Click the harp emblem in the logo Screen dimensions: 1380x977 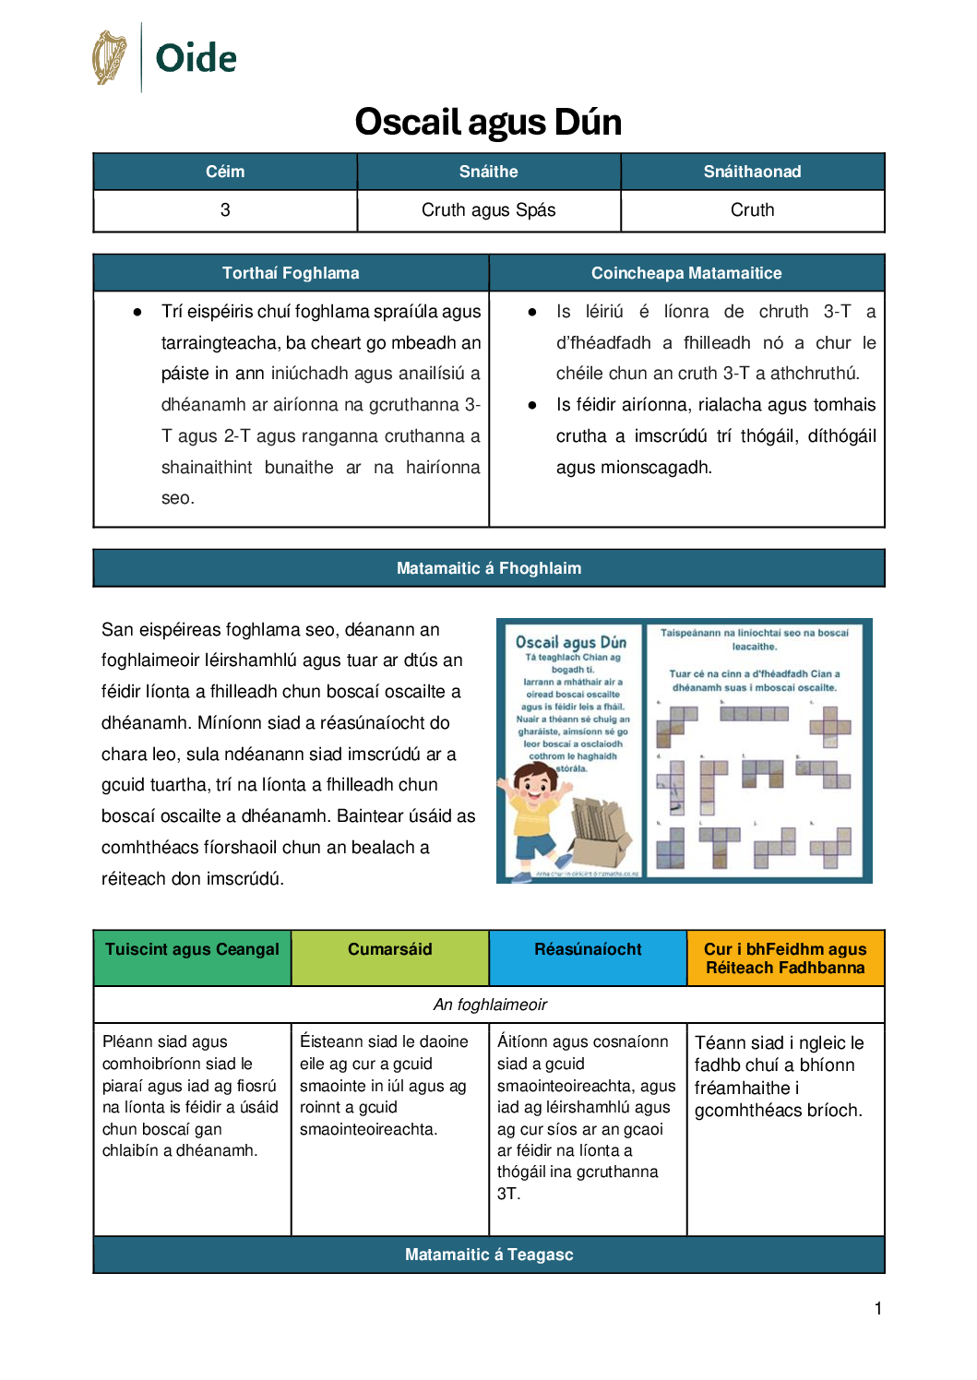109,57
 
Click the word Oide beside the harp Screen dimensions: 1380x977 196,58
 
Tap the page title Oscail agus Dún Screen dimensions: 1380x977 488,122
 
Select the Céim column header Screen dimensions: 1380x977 225,172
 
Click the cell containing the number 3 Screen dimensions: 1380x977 225,210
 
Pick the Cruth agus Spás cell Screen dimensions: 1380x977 488,210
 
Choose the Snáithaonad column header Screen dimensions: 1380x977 752,172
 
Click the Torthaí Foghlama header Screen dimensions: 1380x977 291,273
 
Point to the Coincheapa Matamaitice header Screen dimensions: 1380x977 686,273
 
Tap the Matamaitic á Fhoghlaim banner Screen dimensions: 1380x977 489,568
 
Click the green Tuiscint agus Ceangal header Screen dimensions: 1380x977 192,950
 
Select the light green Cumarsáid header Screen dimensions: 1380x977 389,950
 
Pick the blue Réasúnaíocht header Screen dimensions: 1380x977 588,950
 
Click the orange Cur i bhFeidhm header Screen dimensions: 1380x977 785,958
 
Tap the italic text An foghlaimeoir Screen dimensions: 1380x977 490,1005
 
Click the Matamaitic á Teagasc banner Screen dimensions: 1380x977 489,1255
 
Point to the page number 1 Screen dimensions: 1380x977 878,1308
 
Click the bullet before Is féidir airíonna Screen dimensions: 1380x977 532,405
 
